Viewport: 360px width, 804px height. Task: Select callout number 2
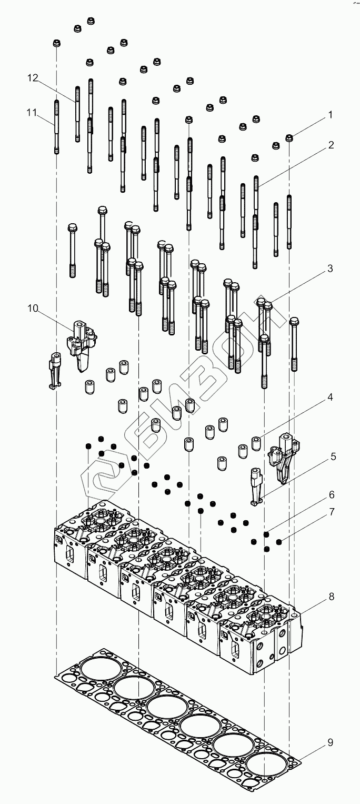point(330,145)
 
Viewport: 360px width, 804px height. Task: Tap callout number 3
point(330,269)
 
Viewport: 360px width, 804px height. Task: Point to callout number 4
point(330,398)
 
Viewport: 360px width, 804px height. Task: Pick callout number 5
point(333,456)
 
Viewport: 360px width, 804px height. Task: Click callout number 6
point(332,495)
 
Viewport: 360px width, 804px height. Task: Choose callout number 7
point(332,512)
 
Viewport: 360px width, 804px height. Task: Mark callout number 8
point(331,597)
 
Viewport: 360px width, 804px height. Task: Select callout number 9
point(330,743)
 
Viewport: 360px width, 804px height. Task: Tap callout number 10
point(33,309)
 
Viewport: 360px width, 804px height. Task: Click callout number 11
point(32,112)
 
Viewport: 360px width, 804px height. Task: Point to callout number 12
point(33,78)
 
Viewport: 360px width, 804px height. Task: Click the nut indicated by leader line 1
point(289,138)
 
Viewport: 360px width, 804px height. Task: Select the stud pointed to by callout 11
point(56,126)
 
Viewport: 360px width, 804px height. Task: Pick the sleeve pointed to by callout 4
point(256,443)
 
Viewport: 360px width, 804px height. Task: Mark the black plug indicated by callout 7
point(279,541)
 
